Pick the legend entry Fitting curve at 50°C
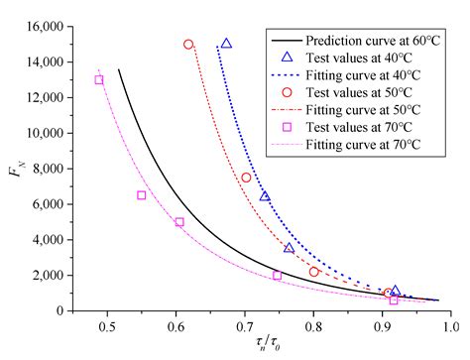(x=360, y=124)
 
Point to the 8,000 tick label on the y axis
(x=45, y=169)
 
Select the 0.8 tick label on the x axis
(x=313, y=325)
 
